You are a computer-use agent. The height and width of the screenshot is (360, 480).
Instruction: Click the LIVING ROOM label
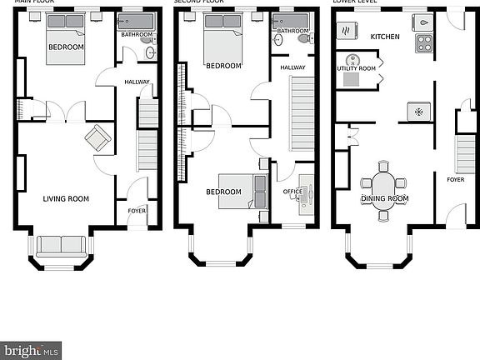(66, 198)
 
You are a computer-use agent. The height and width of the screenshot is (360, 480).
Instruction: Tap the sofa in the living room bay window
(62, 245)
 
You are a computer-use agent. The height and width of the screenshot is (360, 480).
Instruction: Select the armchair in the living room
(97, 137)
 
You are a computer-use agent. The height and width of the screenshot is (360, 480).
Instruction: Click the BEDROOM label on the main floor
(66, 47)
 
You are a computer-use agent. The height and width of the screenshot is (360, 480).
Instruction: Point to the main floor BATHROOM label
(137, 35)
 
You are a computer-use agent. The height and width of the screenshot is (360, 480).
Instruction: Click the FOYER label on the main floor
(137, 211)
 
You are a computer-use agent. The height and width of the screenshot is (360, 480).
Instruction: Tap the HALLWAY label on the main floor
(137, 82)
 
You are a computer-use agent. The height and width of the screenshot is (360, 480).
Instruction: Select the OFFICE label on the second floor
(292, 192)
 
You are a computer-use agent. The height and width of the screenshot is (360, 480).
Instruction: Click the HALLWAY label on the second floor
(292, 67)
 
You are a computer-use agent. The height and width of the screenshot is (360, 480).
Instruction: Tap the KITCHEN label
(385, 37)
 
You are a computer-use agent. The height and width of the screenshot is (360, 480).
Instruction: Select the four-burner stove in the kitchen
(425, 43)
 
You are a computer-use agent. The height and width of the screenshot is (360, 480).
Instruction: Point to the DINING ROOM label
(384, 199)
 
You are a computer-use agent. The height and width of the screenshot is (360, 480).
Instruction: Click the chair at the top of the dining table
(383, 166)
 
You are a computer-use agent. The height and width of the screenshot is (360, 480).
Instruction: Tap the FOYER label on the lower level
(455, 179)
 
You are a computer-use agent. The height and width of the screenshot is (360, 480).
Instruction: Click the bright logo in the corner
(31, 350)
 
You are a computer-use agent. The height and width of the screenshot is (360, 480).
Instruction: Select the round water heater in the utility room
(352, 59)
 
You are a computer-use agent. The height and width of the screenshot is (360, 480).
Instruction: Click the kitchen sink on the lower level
(424, 22)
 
